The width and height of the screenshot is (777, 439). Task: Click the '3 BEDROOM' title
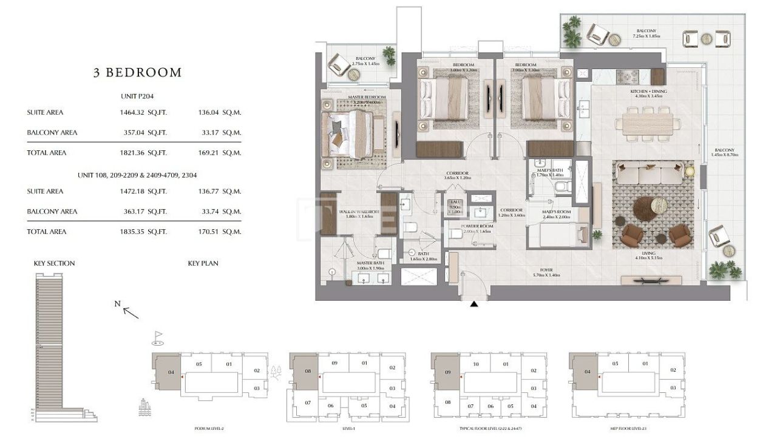pos(137,73)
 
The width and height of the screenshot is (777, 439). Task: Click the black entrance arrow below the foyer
pos(474,304)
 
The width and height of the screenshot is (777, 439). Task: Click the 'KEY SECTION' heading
pos(55,264)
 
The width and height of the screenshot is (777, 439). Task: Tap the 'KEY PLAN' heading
pos(203,264)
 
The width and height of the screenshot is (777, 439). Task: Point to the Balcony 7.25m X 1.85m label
pos(646,33)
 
